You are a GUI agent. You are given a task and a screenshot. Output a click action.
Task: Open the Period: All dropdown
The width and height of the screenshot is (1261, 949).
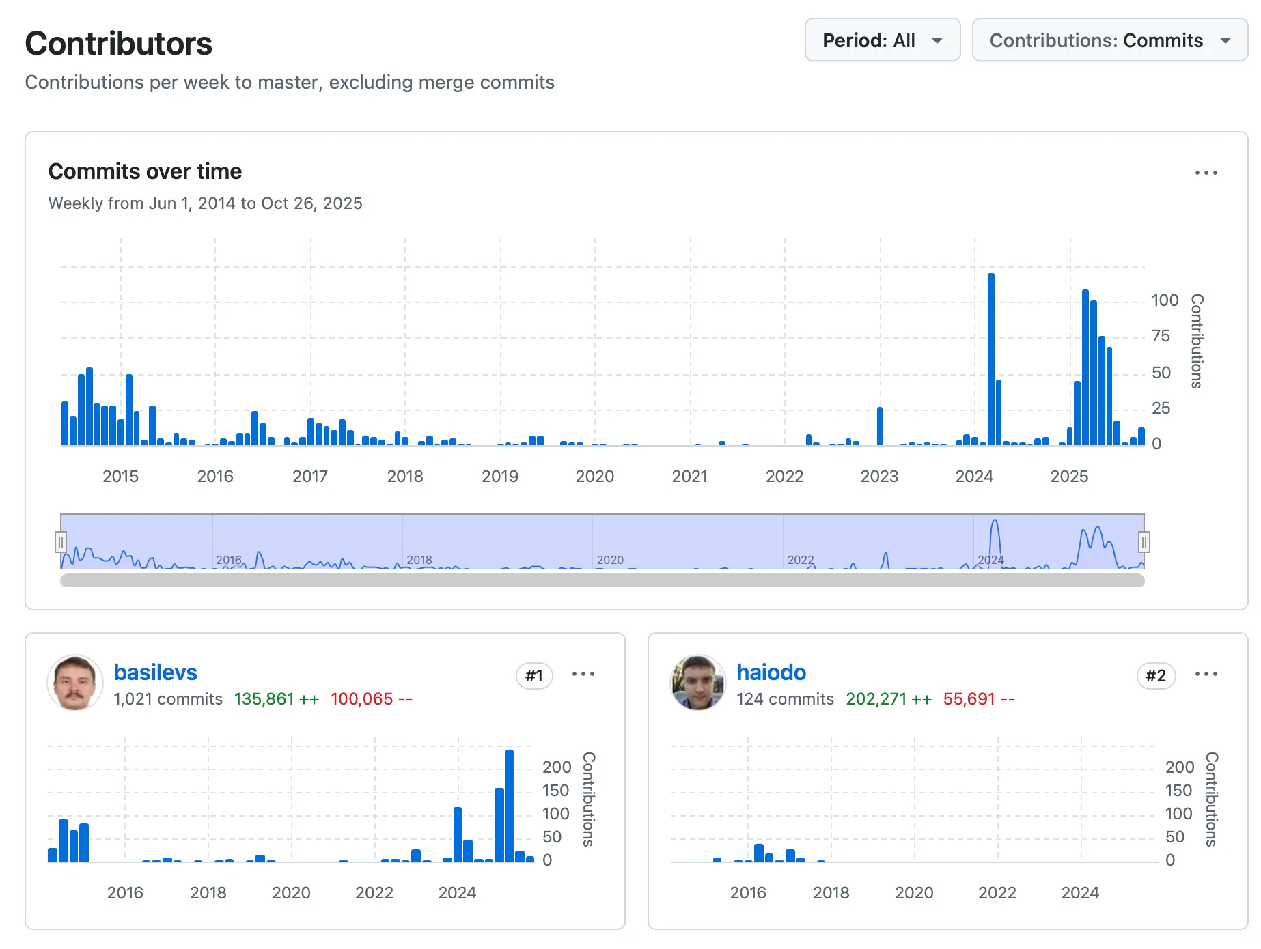(882, 40)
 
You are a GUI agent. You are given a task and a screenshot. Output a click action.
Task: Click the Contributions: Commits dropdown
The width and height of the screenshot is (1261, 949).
(1109, 40)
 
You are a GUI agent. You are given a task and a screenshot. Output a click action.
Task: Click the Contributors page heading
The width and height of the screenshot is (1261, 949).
(119, 43)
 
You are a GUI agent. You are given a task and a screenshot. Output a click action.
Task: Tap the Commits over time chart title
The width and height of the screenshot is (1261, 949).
(145, 171)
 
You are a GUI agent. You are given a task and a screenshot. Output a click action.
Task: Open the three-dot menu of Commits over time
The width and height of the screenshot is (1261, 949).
(1206, 173)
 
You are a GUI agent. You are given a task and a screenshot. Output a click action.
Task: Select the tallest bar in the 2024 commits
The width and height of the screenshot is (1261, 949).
(990, 359)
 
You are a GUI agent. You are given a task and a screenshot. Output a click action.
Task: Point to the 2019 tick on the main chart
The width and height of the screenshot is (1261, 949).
(500, 477)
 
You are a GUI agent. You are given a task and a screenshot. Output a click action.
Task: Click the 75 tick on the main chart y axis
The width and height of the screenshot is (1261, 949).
(1161, 336)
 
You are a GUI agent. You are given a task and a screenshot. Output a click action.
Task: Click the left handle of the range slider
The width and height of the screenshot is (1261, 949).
(61, 542)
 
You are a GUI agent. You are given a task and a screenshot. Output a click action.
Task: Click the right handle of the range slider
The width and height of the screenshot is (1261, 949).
(1144, 542)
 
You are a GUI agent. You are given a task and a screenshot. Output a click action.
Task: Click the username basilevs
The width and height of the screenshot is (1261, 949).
(155, 672)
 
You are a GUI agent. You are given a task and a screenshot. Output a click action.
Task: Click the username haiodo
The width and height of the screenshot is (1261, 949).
(771, 672)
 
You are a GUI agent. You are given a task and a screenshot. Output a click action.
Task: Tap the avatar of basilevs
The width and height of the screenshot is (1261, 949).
(74, 683)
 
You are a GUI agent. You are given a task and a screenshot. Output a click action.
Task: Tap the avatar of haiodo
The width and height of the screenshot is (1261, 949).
(697, 683)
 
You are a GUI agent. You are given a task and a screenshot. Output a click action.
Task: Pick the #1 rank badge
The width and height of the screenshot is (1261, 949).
(534, 676)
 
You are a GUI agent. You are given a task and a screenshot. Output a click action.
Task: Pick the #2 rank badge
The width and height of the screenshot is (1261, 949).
(1156, 676)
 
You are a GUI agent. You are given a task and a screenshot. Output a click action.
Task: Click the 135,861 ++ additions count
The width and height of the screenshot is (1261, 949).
(277, 699)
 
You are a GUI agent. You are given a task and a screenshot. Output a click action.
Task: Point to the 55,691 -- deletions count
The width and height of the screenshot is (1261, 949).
(979, 699)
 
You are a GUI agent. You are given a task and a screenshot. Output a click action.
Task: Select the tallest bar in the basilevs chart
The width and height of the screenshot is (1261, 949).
(510, 806)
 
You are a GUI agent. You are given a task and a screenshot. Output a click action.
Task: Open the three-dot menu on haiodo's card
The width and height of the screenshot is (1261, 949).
(1206, 674)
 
